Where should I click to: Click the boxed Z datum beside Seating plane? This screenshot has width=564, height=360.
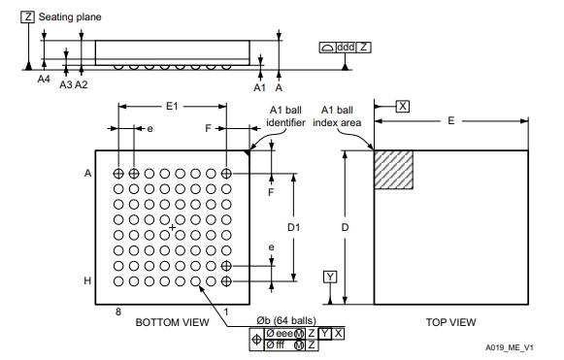(28, 16)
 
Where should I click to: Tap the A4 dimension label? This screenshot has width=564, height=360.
(44, 79)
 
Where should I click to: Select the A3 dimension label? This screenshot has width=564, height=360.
(66, 84)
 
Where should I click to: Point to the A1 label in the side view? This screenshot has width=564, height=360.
(260, 87)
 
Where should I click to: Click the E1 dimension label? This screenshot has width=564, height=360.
(172, 106)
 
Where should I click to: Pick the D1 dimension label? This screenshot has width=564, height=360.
(294, 227)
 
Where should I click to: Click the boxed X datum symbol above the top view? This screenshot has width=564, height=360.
(403, 107)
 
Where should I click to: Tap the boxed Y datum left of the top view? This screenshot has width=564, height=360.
(330, 277)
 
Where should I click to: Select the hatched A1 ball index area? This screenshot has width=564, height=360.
(393, 170)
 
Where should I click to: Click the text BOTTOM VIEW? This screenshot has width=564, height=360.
(172, 322)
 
